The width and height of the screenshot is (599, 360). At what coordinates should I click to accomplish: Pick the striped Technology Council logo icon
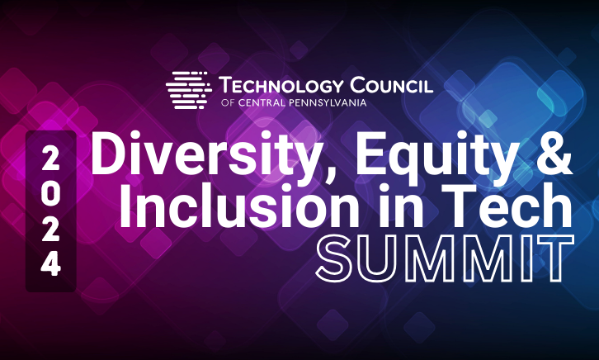[x=189, y=90]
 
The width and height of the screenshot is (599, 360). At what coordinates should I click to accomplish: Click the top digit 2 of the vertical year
[x=50, y=158]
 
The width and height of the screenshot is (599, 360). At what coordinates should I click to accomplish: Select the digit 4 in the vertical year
[x=50, y=264]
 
